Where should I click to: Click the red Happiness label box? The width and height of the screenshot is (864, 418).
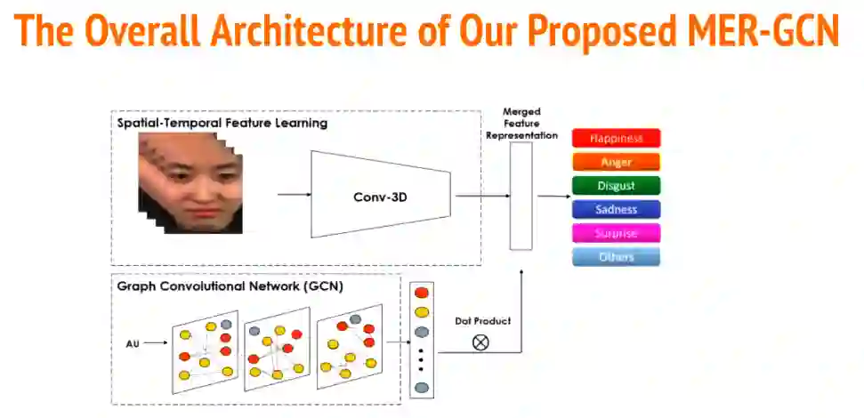(616, 138)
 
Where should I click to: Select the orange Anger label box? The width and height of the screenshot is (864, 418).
(616, 162)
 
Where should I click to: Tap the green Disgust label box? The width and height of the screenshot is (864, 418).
(616, 186)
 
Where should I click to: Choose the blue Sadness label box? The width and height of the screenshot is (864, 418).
(616, 210)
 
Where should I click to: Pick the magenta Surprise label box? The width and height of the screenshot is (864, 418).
(616, 234)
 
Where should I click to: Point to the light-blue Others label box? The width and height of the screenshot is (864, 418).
(616, 257)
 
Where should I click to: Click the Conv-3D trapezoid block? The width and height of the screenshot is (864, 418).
(380, 194)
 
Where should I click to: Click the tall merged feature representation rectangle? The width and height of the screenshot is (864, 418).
(521, 196)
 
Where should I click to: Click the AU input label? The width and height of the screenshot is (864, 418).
(132, 342)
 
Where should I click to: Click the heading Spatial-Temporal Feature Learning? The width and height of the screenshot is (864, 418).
(222, 123)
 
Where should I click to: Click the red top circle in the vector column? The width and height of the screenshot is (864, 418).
(422, 293)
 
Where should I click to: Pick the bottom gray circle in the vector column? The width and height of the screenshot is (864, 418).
(422, 388)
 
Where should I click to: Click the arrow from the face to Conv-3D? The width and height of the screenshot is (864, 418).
(294, 194)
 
